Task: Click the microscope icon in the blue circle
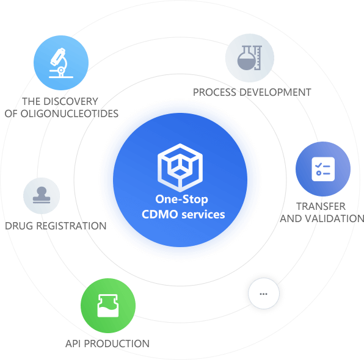click(61, 63)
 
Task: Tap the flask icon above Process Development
click(250, 58)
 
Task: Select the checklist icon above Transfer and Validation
click(323, 169)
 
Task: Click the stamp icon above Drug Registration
click(42, 195)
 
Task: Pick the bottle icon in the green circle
click(108, 306)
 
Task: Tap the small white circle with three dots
click(264, 293)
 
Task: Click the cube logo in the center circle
click(180, 167)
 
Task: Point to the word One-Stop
click(182, 200)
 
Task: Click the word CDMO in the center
click(160, 214)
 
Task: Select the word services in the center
click(203, 215)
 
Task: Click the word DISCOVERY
click(71, 101)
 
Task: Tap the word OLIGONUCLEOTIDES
click(70, 113)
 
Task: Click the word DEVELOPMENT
click(275, 92)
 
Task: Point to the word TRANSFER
click(321, 206)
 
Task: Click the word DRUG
click(20, 226)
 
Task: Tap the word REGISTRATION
click(71, 226)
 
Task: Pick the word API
click(73, 344)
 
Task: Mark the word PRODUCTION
click(117, 344)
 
